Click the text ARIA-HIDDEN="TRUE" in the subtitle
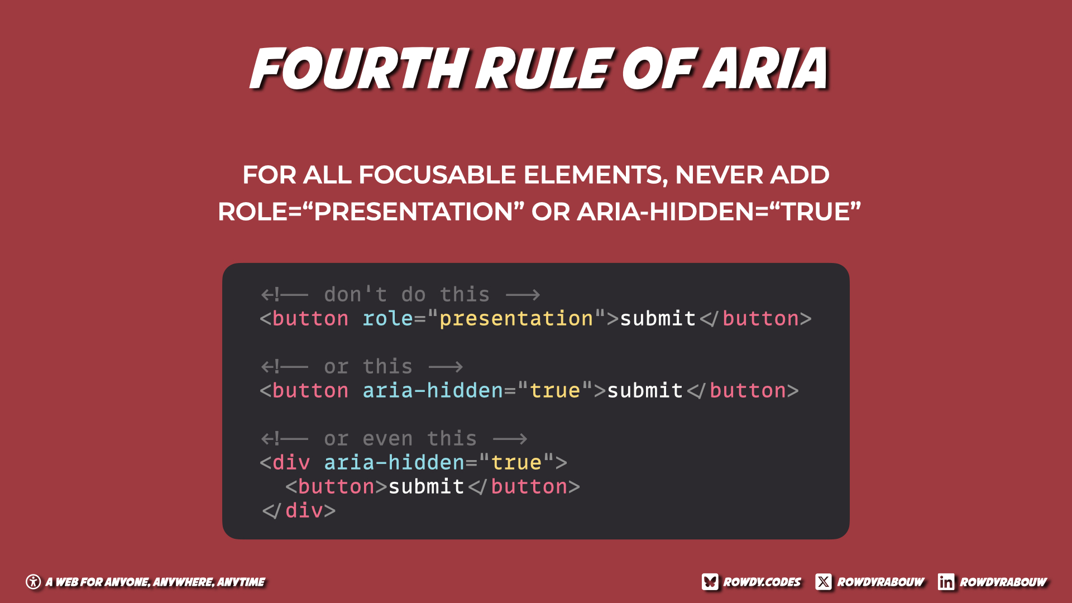719,212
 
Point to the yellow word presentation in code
516,319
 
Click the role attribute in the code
387,318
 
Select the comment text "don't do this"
406,294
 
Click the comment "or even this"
400,438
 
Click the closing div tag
299,510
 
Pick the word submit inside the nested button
426,486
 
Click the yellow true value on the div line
516,462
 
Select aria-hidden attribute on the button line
433,390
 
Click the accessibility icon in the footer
33,582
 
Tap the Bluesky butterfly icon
710,582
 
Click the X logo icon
824,582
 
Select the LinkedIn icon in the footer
946,582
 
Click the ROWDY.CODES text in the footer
762,582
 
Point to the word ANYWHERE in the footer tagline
183,582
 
